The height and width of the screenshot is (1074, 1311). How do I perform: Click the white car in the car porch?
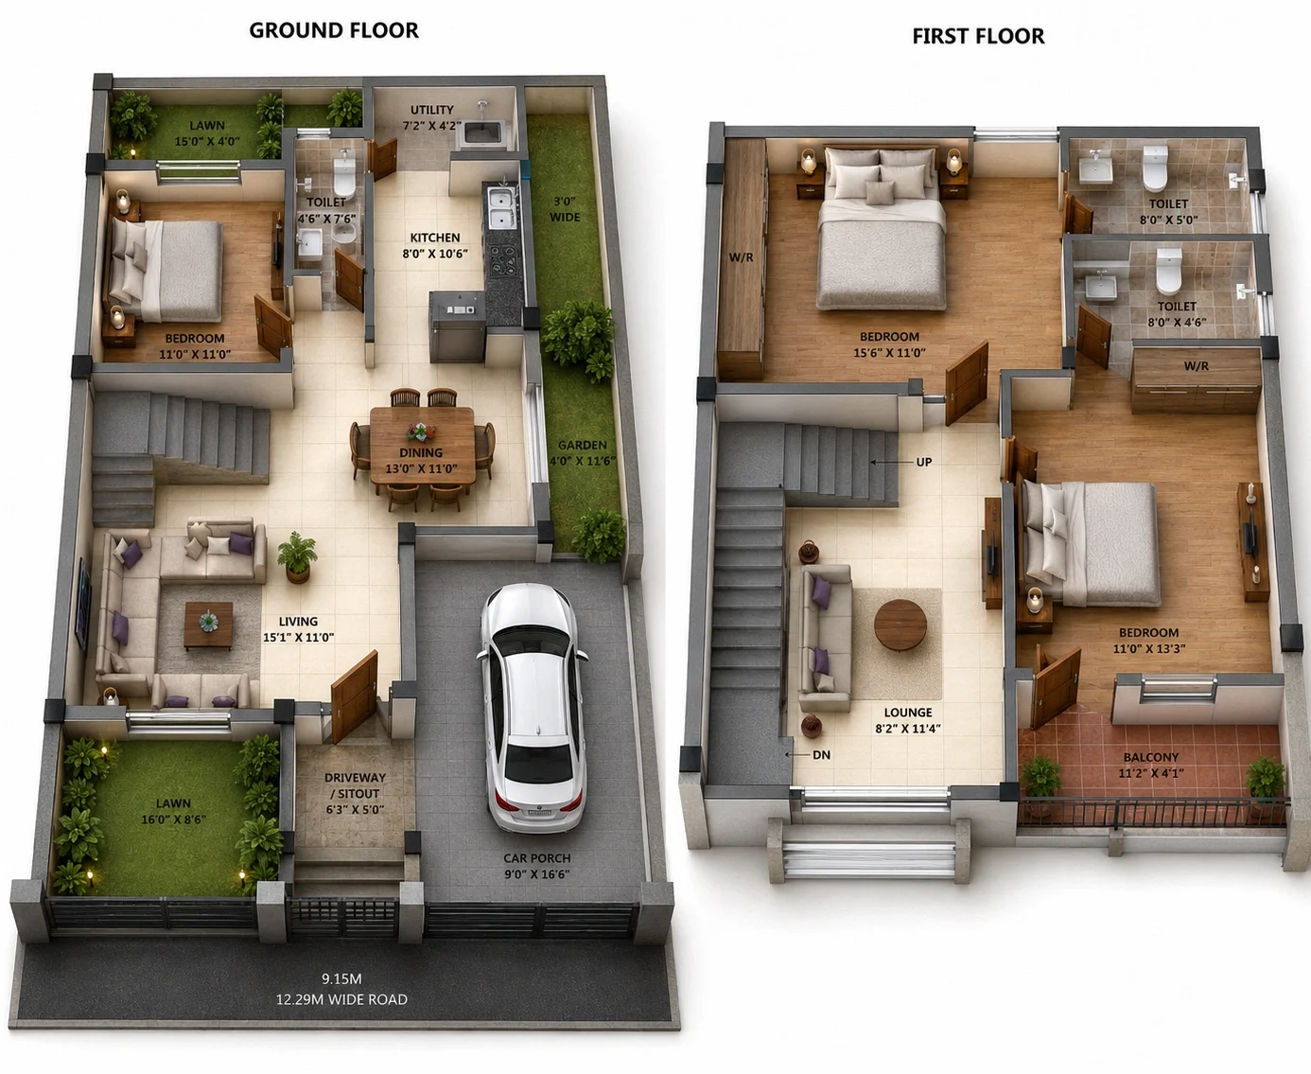[x=532, y=707]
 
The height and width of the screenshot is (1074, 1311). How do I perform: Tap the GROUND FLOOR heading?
[x=334, y=30]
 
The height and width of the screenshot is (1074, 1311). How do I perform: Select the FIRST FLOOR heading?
[x=978, y=36]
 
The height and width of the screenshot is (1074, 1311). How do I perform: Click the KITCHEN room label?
[x=435, y=238]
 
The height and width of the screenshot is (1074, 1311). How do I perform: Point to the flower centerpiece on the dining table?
[x=422, y=431]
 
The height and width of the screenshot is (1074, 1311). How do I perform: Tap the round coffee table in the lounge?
[x=900, y=625]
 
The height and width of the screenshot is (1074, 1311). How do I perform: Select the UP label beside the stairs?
[x=924, y=462]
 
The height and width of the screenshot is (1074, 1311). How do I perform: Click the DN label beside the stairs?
[x=821, y=755]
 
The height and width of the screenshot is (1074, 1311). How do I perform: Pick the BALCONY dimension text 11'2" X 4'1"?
[x=1151, y=773]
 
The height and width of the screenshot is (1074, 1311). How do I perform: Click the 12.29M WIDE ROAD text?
[x=341, y=999]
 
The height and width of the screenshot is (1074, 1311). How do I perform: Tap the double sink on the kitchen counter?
[x=500, y=208]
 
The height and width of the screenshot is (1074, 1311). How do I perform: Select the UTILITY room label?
[x=432, y=110]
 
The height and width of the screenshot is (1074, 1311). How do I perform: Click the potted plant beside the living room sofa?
[x=297, y=556]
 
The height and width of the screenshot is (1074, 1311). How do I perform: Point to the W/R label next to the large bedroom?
[x=741, y=257]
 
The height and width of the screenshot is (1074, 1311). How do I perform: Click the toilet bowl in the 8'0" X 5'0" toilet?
[x=1155, y=168]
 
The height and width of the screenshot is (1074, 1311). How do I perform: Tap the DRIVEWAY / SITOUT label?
[x=355, y=785]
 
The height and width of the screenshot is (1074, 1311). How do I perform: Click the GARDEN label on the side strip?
[x=583, y=446]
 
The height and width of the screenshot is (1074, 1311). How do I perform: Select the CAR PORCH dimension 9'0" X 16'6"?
[x=537, y=873]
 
